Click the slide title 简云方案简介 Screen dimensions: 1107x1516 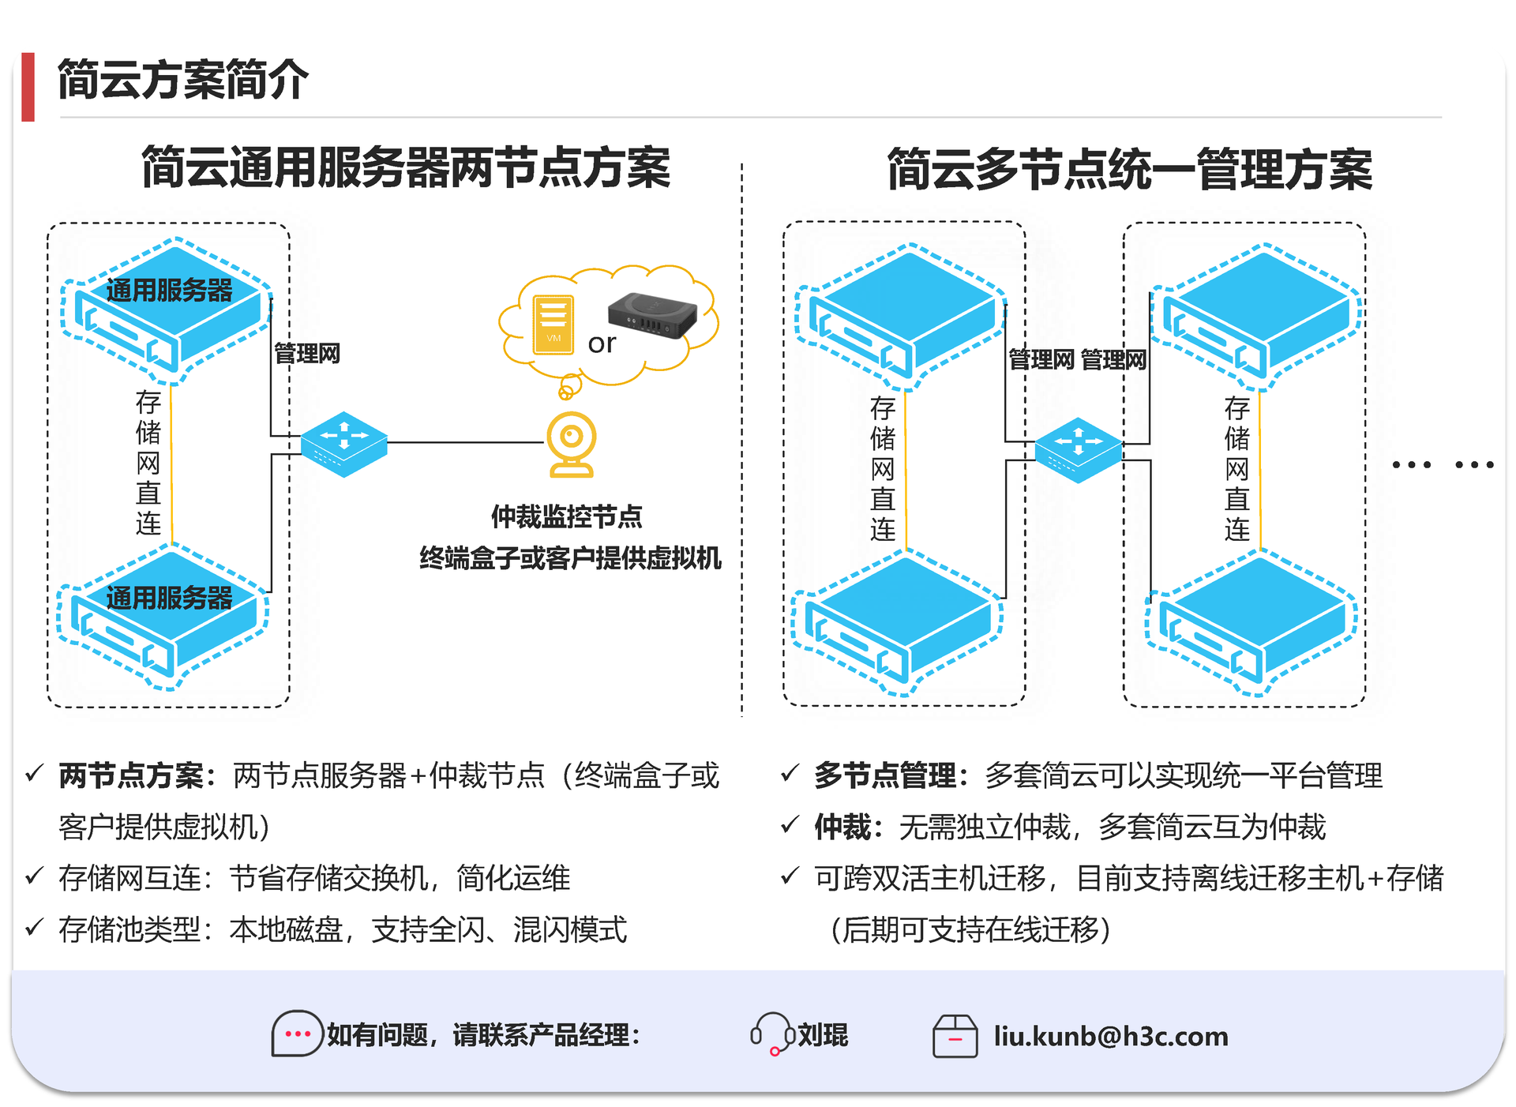coord(182,80)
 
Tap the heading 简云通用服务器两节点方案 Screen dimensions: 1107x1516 coord(406,167)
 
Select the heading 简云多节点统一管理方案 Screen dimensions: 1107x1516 coord(1129,169)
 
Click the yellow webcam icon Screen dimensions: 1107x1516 coord(572,445)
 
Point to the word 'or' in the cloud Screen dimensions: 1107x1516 coord(602,343)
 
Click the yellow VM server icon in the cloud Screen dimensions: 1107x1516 coord(553,324)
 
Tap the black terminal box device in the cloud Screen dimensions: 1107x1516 coord(652,314)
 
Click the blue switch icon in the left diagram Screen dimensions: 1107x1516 coord(344,444)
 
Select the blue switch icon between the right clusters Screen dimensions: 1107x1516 coord(1079,450)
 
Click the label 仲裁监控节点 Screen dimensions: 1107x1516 coord(566,516)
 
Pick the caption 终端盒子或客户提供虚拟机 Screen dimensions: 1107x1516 coord(570,558)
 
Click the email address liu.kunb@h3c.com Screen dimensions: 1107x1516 coord(1110,1036)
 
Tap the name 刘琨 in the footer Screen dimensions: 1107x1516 coord(823,1034)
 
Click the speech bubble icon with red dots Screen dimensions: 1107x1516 coord(297,1034)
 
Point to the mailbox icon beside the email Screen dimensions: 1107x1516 coord(955,1036)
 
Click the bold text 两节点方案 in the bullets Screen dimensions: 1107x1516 coord(131,775)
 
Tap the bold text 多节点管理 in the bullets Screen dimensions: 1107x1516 coord(885,775)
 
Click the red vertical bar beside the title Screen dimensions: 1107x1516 coord(28,87)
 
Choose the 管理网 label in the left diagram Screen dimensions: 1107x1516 coord(307,353)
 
